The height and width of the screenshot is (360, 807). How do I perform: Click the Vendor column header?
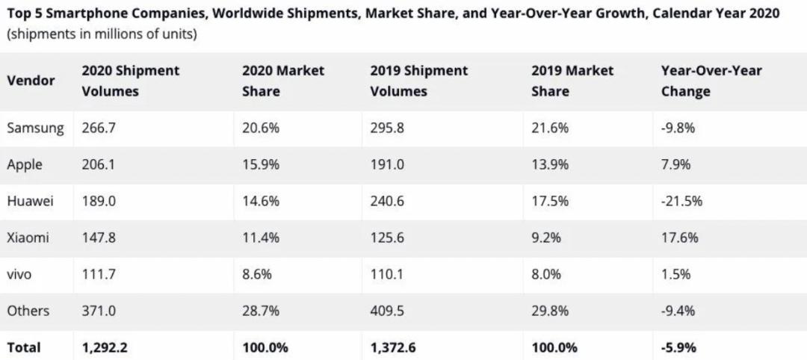tap(31, 81)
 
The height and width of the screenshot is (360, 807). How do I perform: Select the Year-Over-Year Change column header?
tap(711, 81)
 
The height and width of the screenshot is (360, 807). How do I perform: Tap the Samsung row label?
tap(35, 128)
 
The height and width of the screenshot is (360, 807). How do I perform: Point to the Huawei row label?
tap(30, 201)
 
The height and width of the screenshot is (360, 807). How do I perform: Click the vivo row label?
tap(19, 275)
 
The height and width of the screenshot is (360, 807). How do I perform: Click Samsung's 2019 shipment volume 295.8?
tap(387, 128)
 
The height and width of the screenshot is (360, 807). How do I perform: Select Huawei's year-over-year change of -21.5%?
tap(681, 201)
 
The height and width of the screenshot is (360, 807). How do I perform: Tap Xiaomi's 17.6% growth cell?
tap(679, 238)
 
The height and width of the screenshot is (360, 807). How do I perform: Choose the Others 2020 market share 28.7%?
tap(261, 311)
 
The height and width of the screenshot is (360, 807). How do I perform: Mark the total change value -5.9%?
tap(678, 347)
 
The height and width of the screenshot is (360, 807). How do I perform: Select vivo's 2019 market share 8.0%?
tap(546, 275)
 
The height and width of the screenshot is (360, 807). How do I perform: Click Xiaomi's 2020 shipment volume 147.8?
tap(99, 238)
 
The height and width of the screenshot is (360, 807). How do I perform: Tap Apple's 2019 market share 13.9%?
tap(549, 164)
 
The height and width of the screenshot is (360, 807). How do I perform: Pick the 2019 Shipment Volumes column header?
tap(418, 81)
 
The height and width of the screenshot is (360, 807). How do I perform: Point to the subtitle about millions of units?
tap(102, 35)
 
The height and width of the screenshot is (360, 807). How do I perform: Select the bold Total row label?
tap(24, 347)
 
